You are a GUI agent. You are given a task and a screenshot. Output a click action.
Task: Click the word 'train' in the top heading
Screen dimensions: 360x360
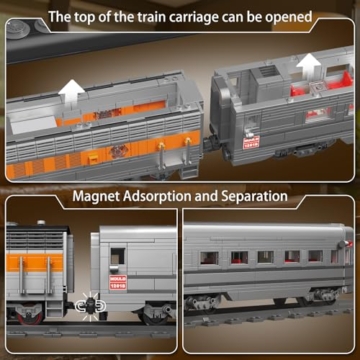(155, 17)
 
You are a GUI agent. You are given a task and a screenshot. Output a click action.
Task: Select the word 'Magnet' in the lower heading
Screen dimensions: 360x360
(100, 197)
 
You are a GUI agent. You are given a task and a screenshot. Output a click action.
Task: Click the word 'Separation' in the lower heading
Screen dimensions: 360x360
(249, 197)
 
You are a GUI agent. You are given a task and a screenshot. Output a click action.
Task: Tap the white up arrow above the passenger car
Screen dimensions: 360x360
(309, 71)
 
